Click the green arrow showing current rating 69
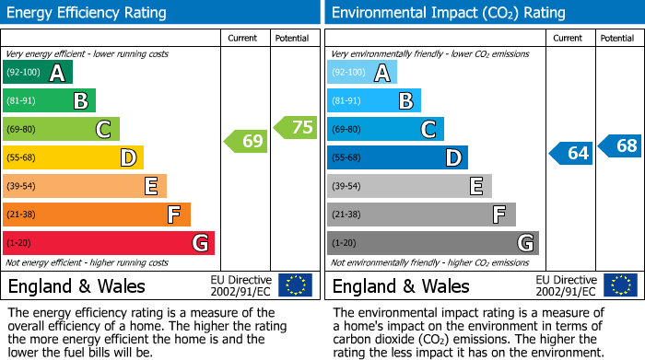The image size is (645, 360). (x=245, y=141)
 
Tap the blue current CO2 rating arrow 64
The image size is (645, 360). (x=570, y=153)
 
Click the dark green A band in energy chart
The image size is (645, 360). (x=38, y=73)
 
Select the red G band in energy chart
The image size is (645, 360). (x=109, y=243)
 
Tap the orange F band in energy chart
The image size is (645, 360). (x=97, y=215)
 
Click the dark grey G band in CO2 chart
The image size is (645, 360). (x=432, y=243)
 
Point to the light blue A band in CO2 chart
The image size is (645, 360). (x=362, y=73)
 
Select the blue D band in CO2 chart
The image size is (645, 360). (x=397, y=157)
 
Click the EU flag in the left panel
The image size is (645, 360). (x=295, y=285)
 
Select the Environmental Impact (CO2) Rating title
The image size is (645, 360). (x=447, y=13)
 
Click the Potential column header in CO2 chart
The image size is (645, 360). (x=617, y=38)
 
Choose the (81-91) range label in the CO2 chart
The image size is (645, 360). (x=347, y=101)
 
